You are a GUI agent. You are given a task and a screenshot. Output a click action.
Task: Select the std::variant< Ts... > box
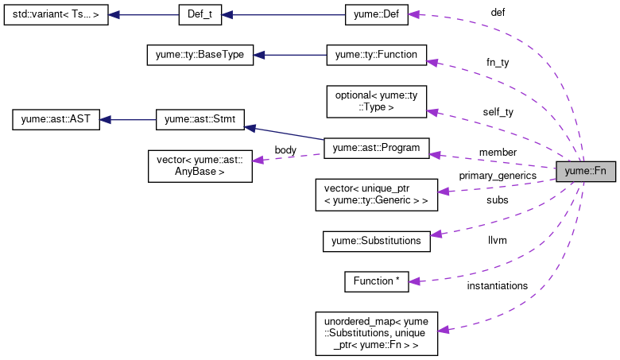56,15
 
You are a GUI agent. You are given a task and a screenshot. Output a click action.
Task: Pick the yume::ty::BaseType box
200,56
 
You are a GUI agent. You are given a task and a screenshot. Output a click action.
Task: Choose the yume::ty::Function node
377,56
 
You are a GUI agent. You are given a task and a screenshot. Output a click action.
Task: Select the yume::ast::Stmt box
200,121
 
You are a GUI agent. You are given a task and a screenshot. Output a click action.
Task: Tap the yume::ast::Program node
377,147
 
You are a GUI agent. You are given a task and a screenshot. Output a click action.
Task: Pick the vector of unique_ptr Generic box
377,195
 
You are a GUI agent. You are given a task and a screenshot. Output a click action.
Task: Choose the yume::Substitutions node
377,241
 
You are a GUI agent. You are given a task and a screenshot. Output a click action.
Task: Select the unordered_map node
377,333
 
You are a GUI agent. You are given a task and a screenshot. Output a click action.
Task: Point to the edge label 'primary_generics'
497,175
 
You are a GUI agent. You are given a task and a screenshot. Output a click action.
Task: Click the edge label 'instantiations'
497,285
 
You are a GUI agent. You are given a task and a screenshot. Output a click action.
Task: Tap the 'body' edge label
285,149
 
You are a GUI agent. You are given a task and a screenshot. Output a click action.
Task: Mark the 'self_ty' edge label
498,112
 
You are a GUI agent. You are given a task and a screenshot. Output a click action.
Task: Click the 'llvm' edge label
498,239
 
